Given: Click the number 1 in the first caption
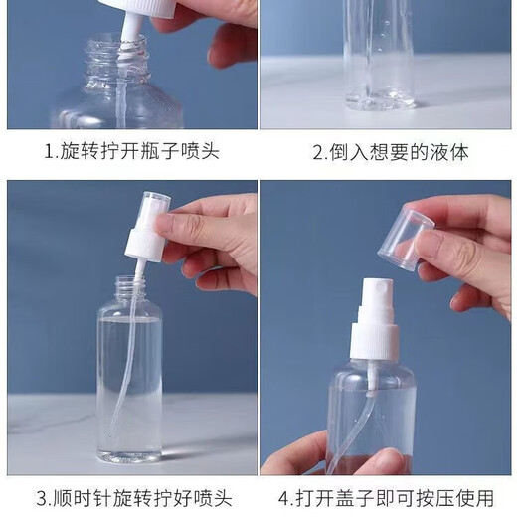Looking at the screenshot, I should [x=49, y=153].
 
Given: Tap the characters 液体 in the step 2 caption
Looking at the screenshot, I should [x=448, y=153].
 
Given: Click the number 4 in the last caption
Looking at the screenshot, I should [x=285, y=497].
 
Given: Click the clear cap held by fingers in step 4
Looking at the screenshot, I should [x=408, y=237].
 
